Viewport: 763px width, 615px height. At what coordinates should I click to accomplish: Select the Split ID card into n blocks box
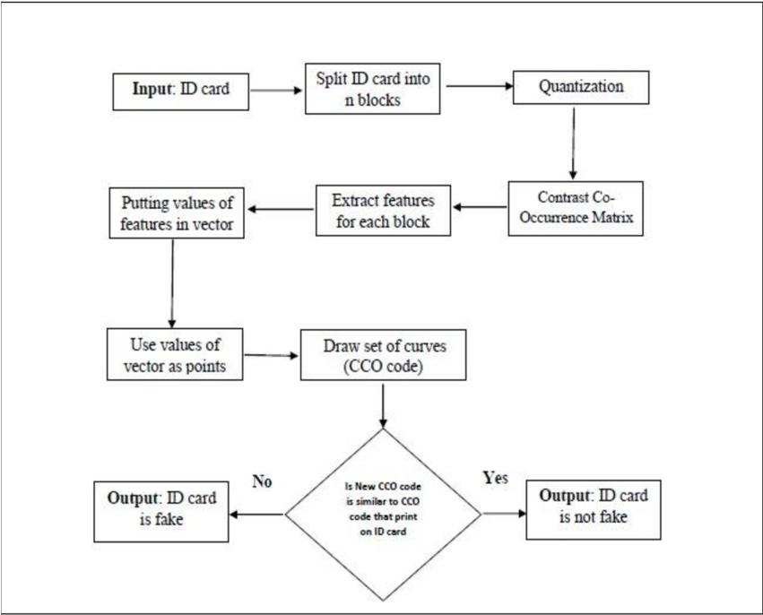[x=373, y=89]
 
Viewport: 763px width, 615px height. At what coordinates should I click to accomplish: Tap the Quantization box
[x=580, y=88]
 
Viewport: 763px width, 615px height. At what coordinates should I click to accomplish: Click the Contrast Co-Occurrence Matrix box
[x=576, y=208]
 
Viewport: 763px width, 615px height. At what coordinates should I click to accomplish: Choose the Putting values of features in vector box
[x=177, y=213]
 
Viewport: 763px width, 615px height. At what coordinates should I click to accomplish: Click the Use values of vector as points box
[x=175, y=354]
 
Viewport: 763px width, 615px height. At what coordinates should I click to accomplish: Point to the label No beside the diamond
[x=262, y=482]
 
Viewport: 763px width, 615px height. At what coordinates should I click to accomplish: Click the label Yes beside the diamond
[x=495, y=478]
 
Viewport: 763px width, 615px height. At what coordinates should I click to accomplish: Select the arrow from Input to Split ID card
[x=275, y=90]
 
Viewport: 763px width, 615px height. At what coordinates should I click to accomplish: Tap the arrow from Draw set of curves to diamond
[x=383, y=404]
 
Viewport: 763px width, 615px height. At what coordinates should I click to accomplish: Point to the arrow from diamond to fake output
[x=257, y=515]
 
